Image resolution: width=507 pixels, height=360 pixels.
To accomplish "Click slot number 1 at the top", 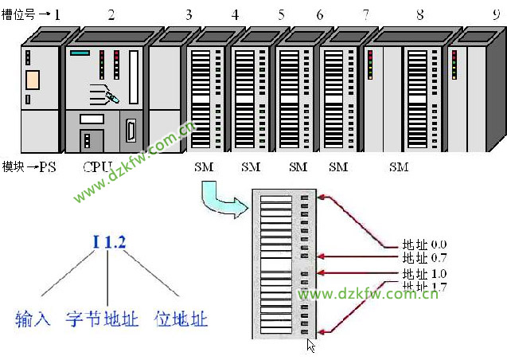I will coord(57,14).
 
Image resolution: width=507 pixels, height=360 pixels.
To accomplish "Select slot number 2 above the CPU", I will coord(111,14).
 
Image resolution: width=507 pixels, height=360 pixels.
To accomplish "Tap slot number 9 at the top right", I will coord(497,14).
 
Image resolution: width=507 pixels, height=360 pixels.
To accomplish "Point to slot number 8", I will coord(419,14).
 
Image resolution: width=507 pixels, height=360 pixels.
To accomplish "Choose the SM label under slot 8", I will coord(399,167).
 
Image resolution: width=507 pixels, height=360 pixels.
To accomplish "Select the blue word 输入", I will coord(33,319).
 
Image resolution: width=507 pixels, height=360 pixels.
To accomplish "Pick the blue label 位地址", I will coord(182,319).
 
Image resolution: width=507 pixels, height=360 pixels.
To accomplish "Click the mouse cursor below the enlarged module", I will coord(311,345).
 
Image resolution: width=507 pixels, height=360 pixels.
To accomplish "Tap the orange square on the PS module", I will coord(32,79).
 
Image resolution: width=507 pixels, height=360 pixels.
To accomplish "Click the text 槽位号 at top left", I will coord(18,14).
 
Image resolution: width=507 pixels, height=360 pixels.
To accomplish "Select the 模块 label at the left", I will coord(13,167).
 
